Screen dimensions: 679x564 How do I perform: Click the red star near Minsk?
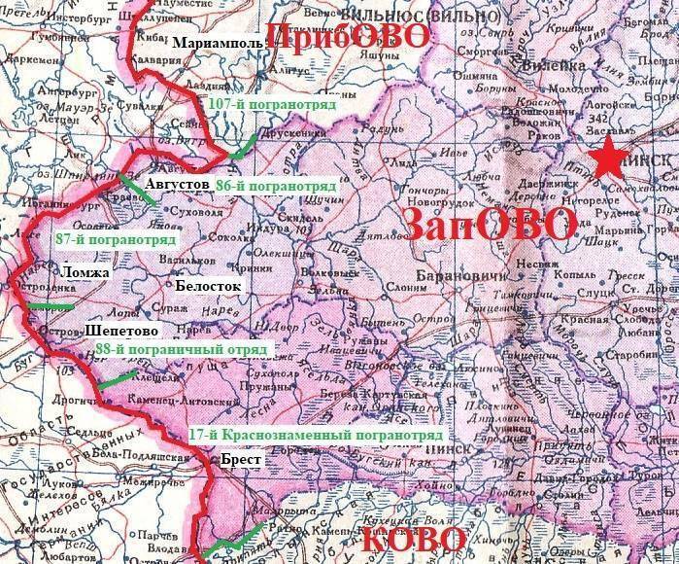611,158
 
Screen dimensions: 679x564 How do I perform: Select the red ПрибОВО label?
348,37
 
